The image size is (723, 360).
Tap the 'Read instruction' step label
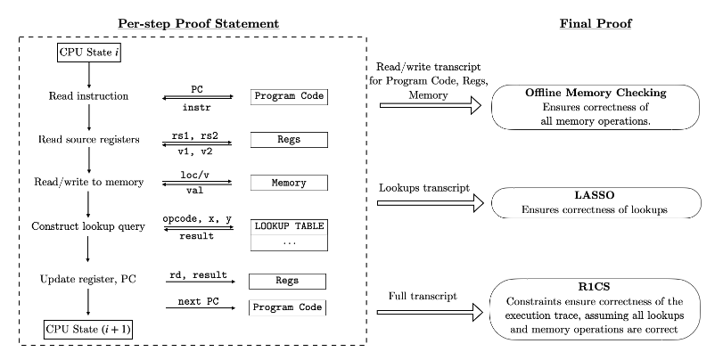[x=86, y=95]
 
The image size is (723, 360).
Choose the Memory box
[x=287, y=183]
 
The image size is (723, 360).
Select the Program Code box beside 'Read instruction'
[x=287, y=95]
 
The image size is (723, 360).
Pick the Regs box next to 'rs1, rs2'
[x=287, y=140]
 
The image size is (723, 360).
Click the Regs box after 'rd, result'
[x=287, y=281]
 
